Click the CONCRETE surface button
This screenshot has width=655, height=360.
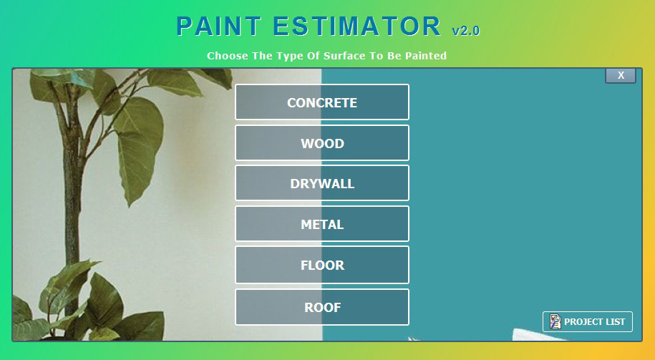pyautogui.click(x=322, y=102)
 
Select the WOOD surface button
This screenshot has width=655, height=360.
pyautogui.click(x=322, y=143)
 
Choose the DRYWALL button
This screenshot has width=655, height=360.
pyautogui.click(x=322, y=184)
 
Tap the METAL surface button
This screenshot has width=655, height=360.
pyautogui.click(x=322, y=225)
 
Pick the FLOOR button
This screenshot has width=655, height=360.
pyautogui.click(x=322, y=266)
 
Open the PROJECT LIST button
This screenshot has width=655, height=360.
pyautogui.click(x=588, y=322)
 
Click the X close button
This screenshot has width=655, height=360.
pyautogui.click(x=621, y=76)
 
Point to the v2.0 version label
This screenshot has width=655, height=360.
pyautogui.click(x=465, y=31)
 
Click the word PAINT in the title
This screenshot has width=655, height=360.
pyautogui.click(x=218, y=26)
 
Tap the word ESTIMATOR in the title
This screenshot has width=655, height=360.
pyautogui.click(x=356, y=26)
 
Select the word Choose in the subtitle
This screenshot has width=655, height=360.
pyautogui.click(x=228, y=56)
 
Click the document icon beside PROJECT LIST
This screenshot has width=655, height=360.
pyautogui.click(x=555, y=322)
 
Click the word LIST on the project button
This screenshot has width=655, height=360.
pyautogui.click(x=615, y=322)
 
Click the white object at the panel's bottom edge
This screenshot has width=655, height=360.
pyautogui.click(x=530, y=335)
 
